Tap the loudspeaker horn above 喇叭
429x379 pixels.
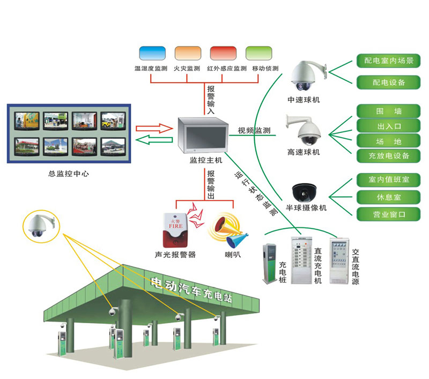coord(227,230)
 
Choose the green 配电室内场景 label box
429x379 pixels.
coord(388,61)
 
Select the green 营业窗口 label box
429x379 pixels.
coord(388,214)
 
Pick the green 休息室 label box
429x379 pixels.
coord(388,197)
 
